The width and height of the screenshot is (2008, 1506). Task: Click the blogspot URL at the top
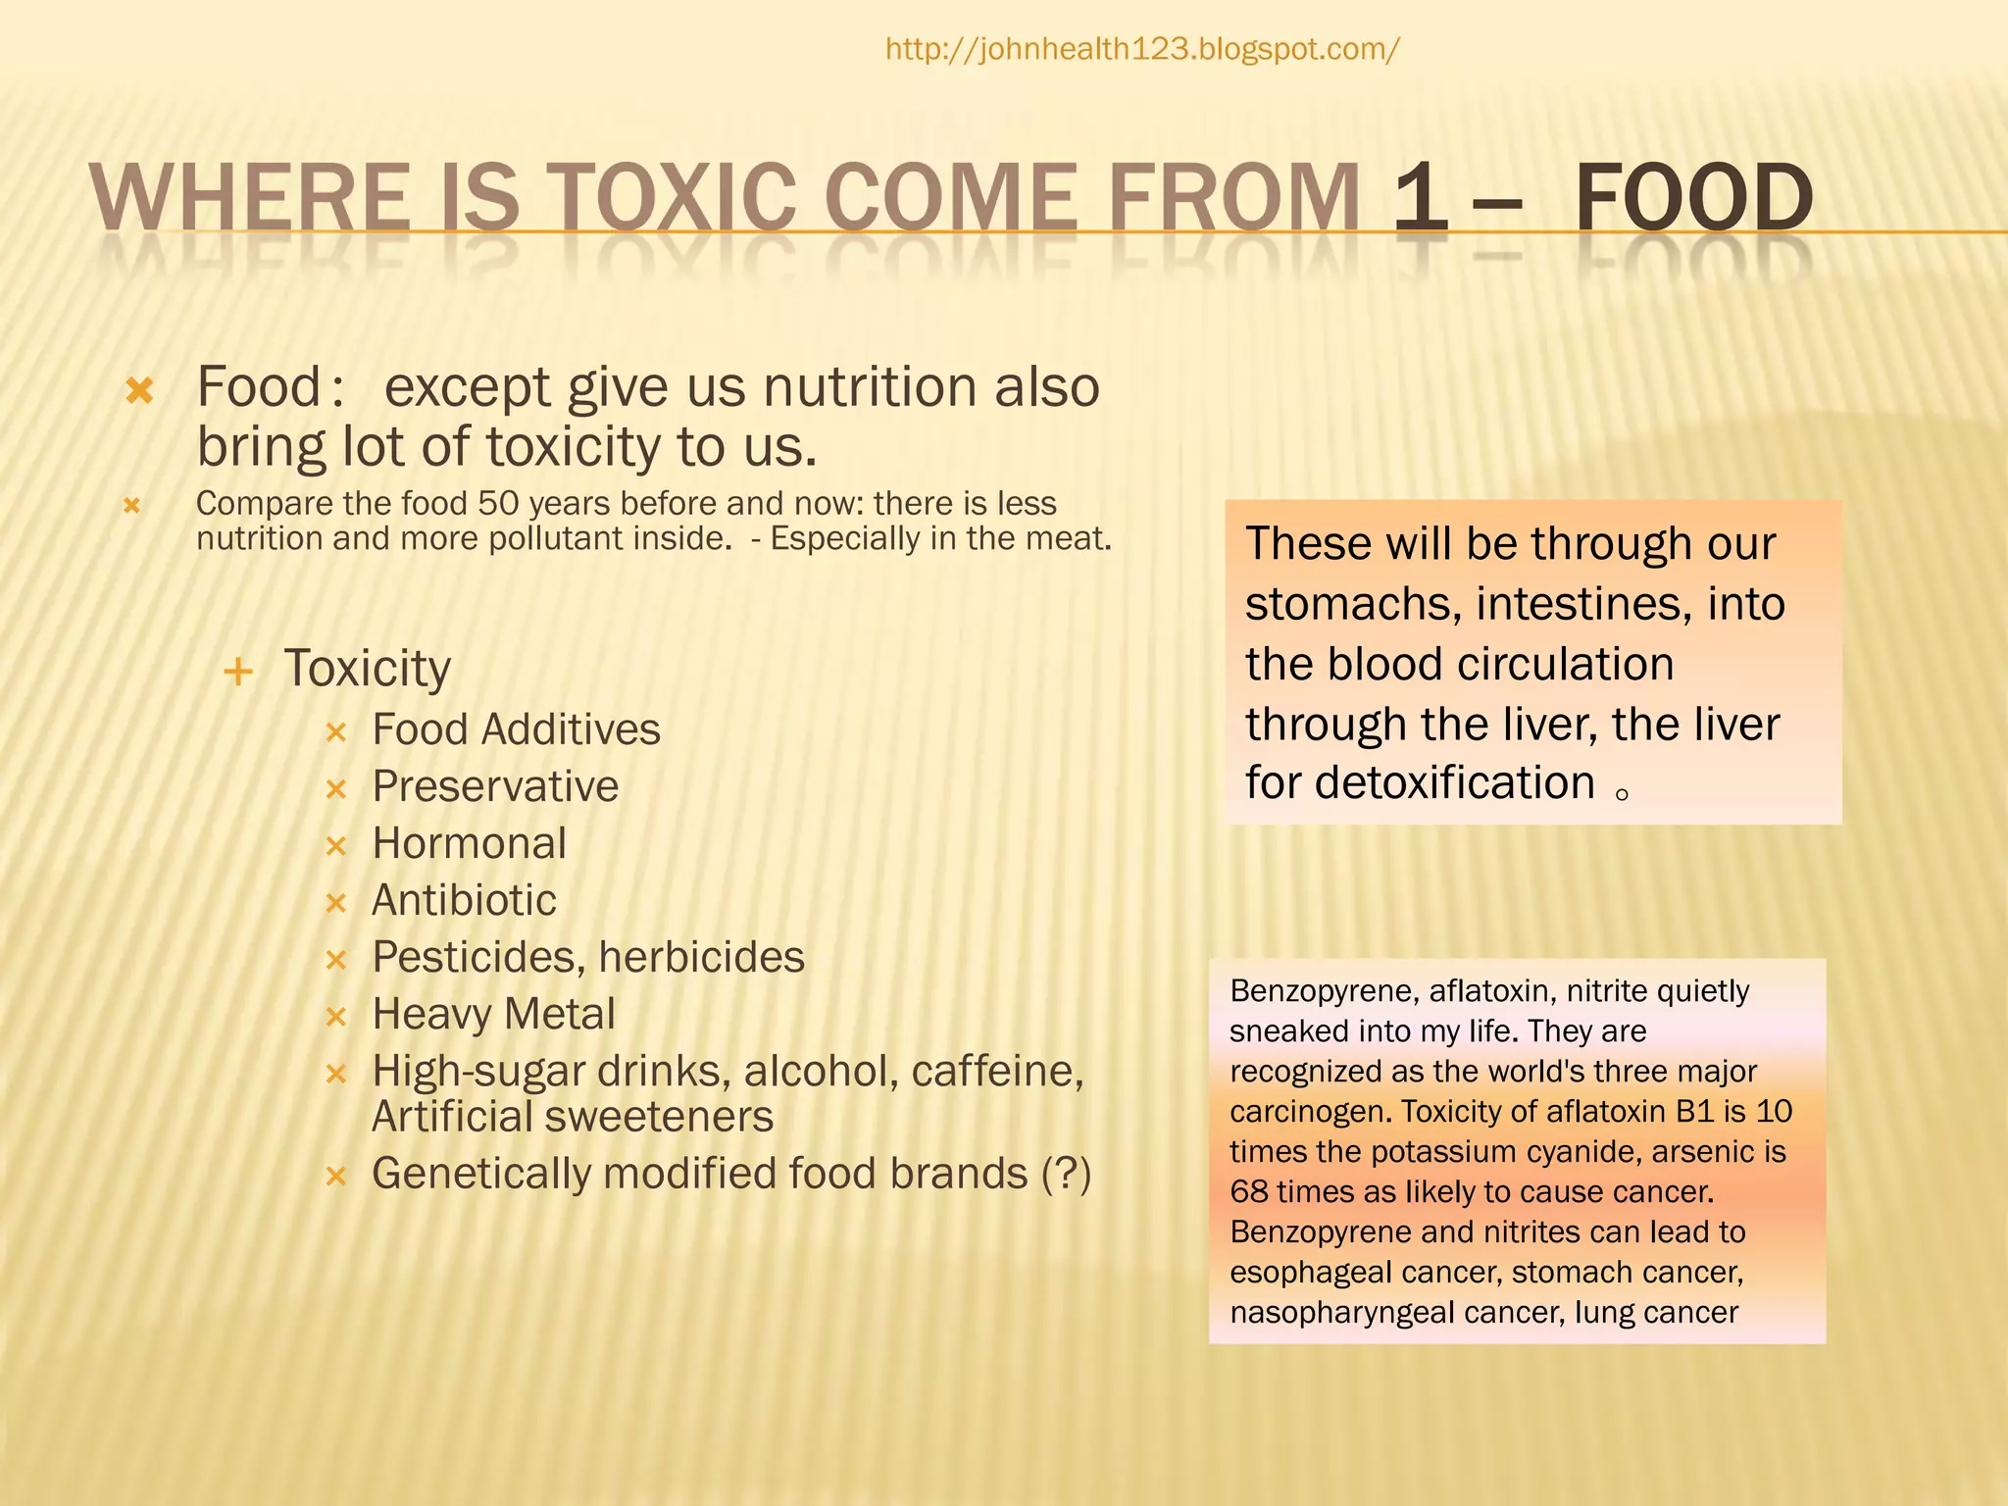1142,49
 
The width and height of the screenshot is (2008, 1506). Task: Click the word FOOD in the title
1693,199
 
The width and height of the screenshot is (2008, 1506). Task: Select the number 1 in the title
1420,199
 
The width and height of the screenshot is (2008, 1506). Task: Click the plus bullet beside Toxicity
238,673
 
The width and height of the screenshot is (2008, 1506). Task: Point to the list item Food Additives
516,729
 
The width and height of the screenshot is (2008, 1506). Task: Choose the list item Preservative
495,786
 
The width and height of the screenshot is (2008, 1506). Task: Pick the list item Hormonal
469,843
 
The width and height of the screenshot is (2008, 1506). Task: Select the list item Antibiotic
464,900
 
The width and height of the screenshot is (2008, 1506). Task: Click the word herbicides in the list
701,957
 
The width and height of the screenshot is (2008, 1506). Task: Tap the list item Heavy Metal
493,1014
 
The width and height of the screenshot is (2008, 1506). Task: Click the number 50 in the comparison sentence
497,504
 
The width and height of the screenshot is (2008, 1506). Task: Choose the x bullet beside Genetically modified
336,1176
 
